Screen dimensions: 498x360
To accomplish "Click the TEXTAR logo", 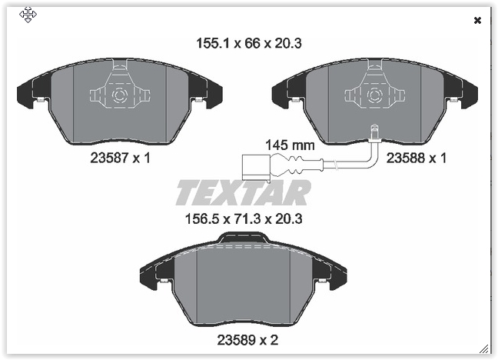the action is coord(244,192).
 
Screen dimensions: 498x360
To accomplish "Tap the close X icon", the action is coord(477,21).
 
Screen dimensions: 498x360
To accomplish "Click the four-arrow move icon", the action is coord(28,15).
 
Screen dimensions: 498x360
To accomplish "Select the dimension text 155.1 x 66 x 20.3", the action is coord(249,43).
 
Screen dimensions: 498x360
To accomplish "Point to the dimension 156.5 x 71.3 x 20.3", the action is coord(244,218).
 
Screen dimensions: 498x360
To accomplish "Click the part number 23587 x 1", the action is coord(120,158).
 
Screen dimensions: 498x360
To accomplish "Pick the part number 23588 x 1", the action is coord(416,158).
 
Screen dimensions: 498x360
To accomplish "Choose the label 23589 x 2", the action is coord(247,340).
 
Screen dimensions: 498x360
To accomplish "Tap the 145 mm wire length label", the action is coord(290,145).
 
